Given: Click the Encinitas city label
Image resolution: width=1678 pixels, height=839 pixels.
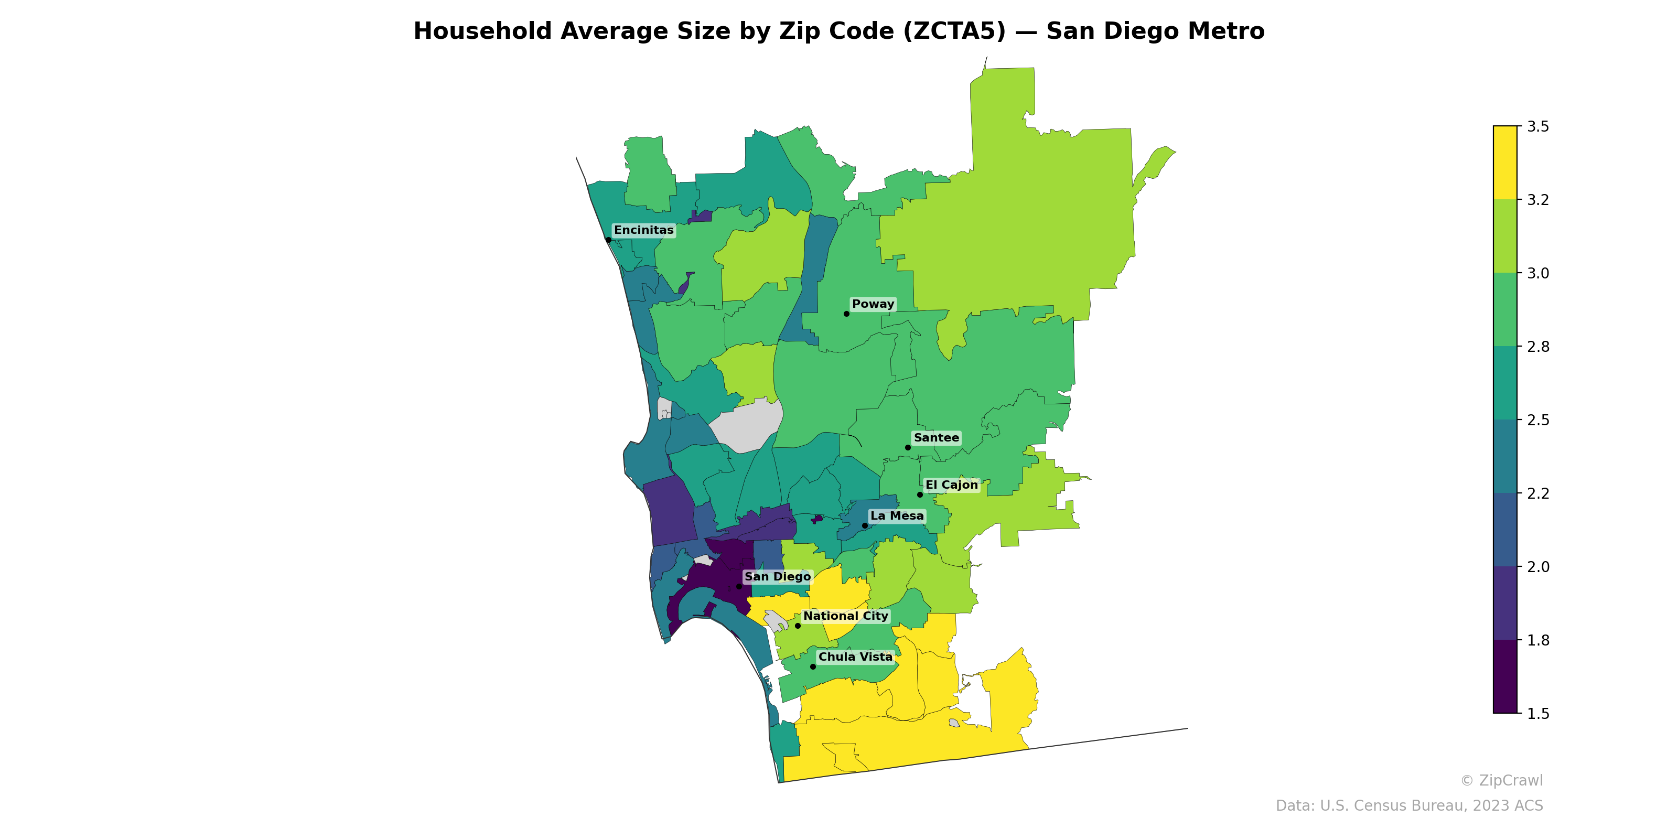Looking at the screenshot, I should pos(643,230).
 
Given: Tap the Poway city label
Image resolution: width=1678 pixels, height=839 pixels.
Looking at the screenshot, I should pos(873,304).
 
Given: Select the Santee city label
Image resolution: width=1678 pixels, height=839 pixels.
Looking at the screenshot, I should pos(936,438).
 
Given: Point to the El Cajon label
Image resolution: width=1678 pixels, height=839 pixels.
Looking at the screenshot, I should pos(952,485).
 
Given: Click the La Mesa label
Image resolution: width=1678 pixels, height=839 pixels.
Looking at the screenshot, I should pos(897,516).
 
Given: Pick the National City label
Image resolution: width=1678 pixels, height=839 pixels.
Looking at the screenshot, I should pos(845,616).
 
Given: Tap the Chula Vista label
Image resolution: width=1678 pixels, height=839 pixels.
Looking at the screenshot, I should pos(855,657).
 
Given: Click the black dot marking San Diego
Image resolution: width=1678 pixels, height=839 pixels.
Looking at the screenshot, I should pos(739,586).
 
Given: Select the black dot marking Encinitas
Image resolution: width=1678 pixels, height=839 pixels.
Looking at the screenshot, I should pos(608,240).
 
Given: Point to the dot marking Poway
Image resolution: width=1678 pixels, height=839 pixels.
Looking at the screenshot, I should pos(847,314).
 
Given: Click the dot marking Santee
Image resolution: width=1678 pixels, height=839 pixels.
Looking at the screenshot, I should pos(908,447).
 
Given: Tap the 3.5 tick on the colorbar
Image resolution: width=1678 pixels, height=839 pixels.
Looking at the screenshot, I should pos(1538,126).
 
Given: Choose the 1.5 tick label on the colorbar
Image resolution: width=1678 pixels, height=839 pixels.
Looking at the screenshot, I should pos(1538,714).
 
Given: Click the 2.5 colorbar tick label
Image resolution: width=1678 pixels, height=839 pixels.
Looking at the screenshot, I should pos(1538,420).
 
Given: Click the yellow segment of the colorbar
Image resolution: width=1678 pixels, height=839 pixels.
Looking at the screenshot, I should pos(1505,163).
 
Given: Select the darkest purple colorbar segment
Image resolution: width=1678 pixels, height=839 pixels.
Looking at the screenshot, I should pos(1505,677).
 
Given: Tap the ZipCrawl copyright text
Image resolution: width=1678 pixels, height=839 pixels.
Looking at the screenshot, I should pos(1501,780).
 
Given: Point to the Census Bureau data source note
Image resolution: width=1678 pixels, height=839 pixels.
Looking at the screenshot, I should pos(1409,806).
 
